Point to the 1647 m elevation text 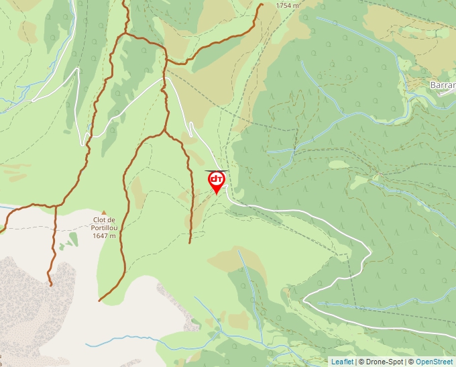click(x=105, y=235)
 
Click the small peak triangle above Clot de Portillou click(x=104, y=213)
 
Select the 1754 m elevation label click(x=288, y=5)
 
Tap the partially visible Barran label click(x=442, y=85)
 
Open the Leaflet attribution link click(x=342, y=362)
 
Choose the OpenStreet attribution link click(x=435, y=362)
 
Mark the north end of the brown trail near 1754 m click(x=262, y=4)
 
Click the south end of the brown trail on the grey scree click(x=50, y=285)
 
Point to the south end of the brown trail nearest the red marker click(x=190, y=242)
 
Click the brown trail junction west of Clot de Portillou click(x=55, y=205)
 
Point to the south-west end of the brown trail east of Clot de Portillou click(x=99, y=301)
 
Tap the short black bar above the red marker click(x=216, y=170)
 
